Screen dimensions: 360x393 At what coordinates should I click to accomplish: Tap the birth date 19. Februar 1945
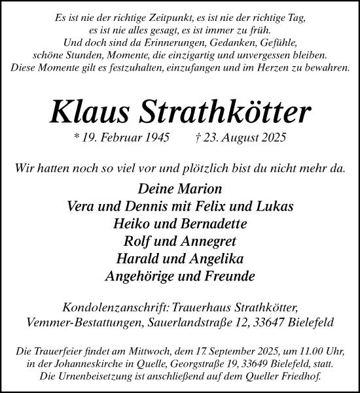[125, 138]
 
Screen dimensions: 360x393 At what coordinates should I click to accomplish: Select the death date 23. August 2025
[245, 138]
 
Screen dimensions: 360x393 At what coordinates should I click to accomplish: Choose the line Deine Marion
[180, 189]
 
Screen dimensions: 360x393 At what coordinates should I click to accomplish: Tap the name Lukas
[275, 207]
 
